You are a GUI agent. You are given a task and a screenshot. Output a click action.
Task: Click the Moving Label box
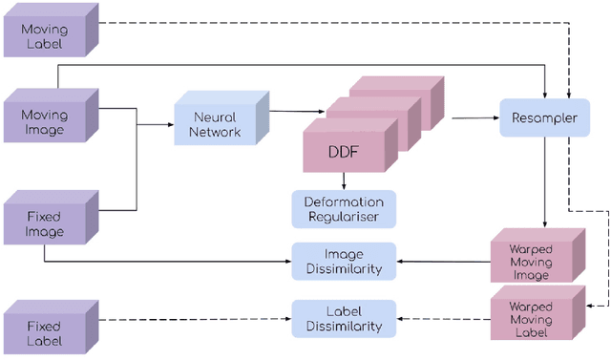click(x=45, y=38)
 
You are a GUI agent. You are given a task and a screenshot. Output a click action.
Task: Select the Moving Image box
click(x=45, y=121)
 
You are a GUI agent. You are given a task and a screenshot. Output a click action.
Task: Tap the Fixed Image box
click(x=45, y=223)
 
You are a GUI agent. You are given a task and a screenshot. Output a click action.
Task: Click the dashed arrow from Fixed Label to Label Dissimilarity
click(x=191, y=319)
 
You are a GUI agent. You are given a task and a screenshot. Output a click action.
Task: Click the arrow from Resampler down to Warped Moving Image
click(x=545, y=181)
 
